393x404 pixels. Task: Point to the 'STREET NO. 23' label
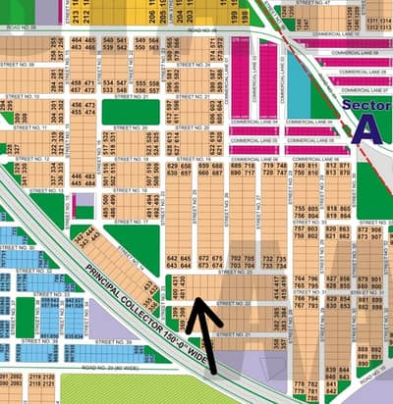coord(237,272)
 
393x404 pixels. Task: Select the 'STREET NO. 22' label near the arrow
coord(236,303)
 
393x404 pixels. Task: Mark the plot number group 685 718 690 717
coord(243,170)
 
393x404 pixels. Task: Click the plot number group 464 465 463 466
coord(84,44)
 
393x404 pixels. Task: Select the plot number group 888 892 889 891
coord(369,354)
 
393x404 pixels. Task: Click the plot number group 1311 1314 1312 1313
coord(377,23)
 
